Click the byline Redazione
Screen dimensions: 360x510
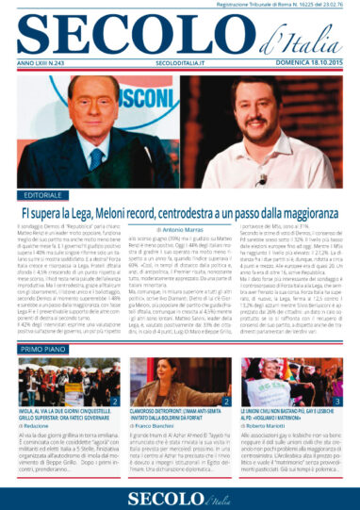pos(38,429)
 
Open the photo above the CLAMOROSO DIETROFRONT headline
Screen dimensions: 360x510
pos(178,383)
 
